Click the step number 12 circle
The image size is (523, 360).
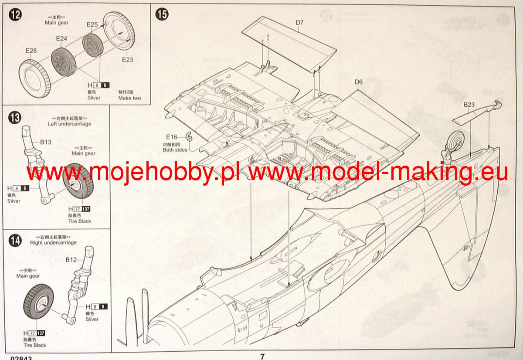tap(15, 14)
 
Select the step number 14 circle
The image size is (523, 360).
tap(15, 240)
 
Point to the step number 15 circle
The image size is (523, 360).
tap(162, 14)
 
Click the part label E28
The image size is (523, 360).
tap(31, 51)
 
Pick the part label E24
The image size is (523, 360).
tap(61, 39)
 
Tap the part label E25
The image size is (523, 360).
tap(92, 25)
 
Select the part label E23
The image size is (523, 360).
tap(127, 60)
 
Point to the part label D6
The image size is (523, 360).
tap(358, 82)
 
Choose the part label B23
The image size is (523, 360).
tap(469, 105)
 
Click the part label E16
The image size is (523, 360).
tap(172, 136)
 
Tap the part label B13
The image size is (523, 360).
tap(46, 142)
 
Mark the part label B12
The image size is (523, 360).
tap(71, 260)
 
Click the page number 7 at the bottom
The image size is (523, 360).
tap(262, 357)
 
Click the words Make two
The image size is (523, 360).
tap(129, 98)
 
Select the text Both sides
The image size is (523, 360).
tap(175, 150)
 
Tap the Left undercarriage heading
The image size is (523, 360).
tap(69, 124)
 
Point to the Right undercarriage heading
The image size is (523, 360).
tap(53, 243)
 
